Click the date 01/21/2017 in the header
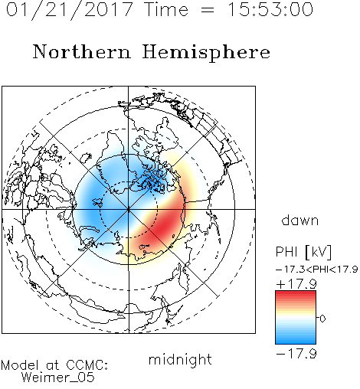[70, 9]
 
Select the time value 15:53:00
[270, 9]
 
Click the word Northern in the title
[82, 52]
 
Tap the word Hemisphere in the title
[206, 53]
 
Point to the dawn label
[300, 221]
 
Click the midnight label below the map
[180, 359]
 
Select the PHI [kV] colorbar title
[303, 252]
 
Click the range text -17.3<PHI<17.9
[316, 270]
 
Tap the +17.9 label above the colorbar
[296, 284]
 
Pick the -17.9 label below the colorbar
[296, 354]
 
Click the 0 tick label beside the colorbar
[322, 319]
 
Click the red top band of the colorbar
[296, 296]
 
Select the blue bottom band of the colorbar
[296, 339]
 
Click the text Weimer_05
[58, 378]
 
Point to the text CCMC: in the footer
[87, 365]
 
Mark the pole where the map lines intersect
[129, 210]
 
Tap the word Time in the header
[166, 9]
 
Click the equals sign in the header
[208, 10]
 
